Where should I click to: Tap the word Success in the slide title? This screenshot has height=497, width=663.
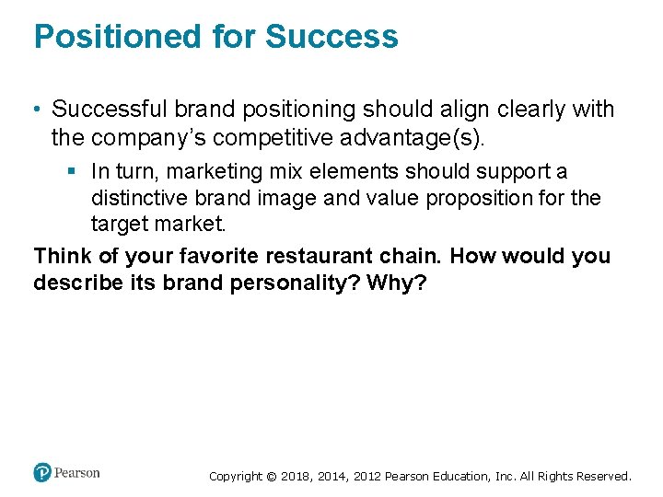(331, 37)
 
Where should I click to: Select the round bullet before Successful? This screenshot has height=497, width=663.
(38, 110)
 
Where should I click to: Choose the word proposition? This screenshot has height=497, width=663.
(488, 198)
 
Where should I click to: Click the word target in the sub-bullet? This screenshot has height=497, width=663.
(119, 224)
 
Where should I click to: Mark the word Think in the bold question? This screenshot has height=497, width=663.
(63, 256)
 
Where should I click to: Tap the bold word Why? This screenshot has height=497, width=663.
(397, 282)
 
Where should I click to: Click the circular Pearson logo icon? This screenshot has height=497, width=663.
(42, 473)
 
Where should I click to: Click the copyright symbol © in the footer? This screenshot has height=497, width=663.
(271, 477)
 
